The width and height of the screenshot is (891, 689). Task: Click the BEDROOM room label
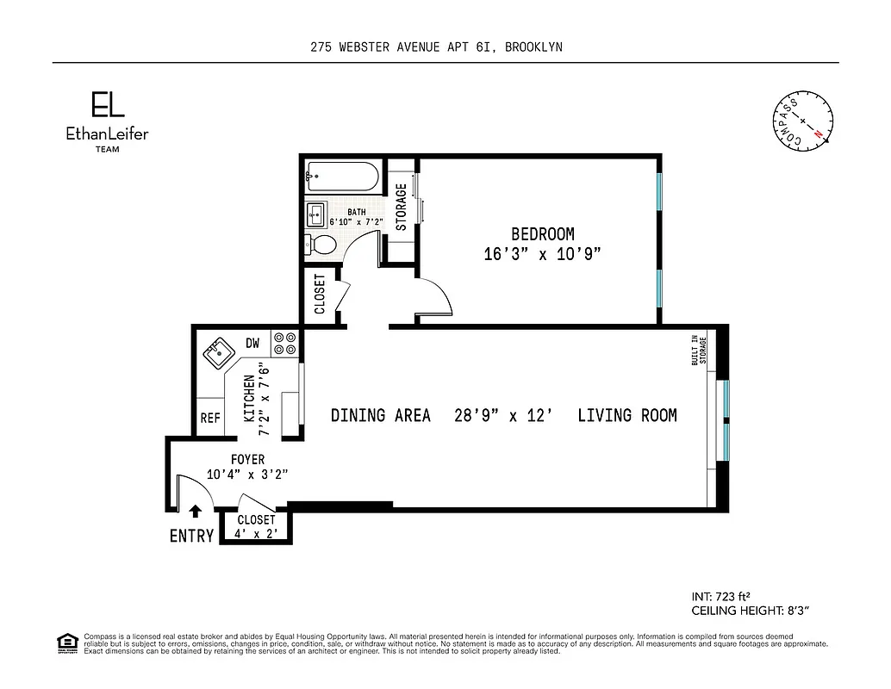pos(542,234)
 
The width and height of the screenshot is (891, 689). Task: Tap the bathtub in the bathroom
pos(342,177)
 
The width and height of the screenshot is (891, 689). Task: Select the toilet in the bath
pos(321,245)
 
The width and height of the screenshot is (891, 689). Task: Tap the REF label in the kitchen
pos(209,419)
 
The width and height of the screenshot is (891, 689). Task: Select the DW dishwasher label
pos(252,343)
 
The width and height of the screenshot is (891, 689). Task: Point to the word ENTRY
pos(191,536)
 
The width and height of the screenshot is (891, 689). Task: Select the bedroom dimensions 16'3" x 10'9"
pos(542,255)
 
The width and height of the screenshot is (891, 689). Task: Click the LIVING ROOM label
pos(626,416)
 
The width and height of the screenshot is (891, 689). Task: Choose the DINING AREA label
pos(380,416)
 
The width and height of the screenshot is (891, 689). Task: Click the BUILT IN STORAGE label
pos(698,350)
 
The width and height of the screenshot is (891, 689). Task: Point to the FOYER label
pos(246,460)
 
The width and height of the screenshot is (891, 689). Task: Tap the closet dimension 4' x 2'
pos(255,534)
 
